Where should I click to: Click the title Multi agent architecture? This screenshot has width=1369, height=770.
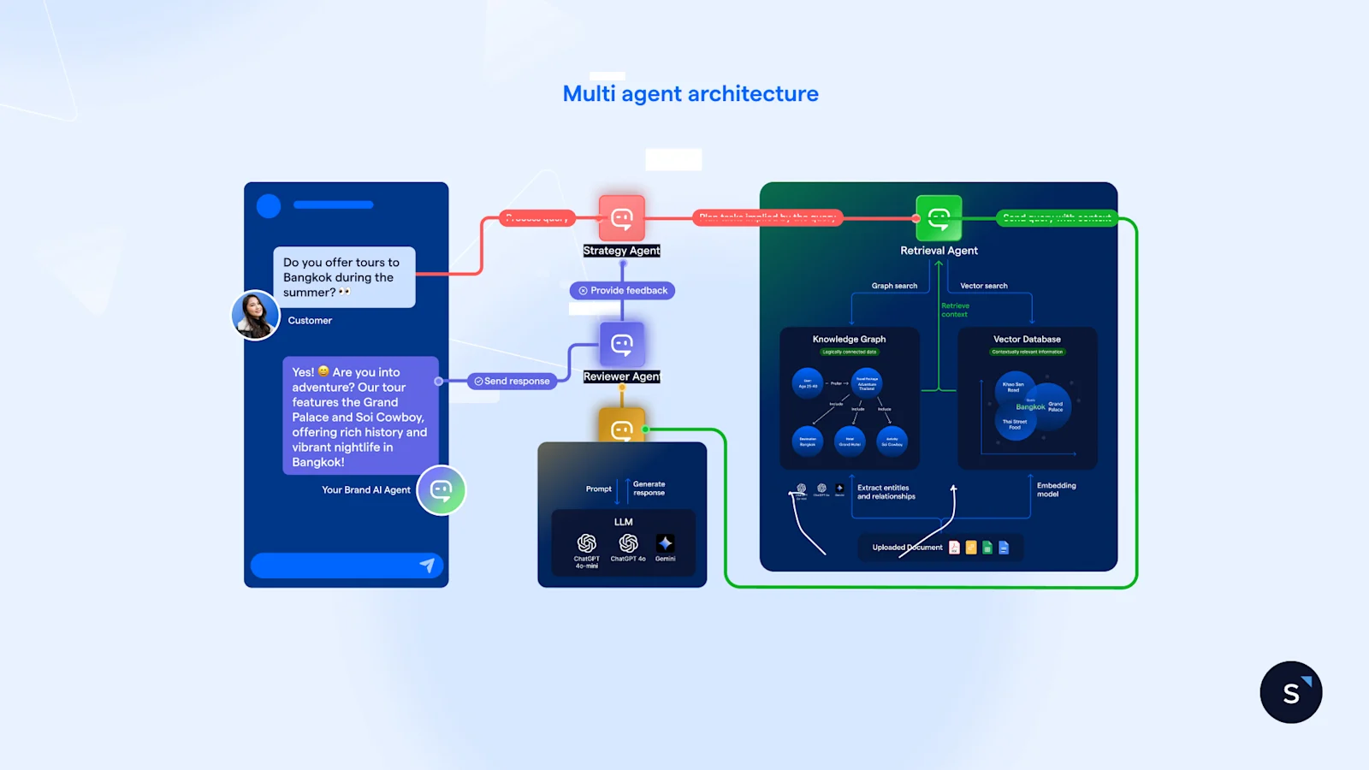click(x=690, y=93)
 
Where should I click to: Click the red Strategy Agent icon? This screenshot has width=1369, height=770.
click(x=622, y=218)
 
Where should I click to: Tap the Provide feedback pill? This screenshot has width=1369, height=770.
click(x=623, y=291)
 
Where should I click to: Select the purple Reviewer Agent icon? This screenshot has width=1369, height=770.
click(x=622, y=345)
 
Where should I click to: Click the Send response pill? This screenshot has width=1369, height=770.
click(x=513, y=382)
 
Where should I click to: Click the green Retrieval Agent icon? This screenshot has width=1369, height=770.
click(x=939, y=218)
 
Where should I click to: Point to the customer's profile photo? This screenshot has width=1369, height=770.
click(x=255, y=315)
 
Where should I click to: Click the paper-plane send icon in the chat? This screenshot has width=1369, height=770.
click(x=427, y=565)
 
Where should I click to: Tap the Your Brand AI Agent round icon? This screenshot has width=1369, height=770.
click(x=442, y=490)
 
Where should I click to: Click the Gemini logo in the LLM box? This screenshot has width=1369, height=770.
click(x=665, y=543)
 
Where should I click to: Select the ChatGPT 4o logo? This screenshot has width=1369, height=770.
click(x=628, y=543)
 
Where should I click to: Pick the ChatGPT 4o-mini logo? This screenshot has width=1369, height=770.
click(x=587, y=543)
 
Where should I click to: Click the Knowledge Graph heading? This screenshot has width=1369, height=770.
click(x=849, y=340)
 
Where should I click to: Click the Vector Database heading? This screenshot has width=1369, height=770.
click(x=1027, y=340)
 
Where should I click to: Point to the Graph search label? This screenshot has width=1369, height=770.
click(x=894, y=286)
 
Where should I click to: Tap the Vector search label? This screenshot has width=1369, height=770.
click(x=984, y=286)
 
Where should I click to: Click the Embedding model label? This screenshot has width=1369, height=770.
click(x=1057, y=489)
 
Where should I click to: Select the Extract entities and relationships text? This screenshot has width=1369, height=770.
click(x=886, y=492)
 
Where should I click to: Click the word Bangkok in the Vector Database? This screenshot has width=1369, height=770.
click(x=1030, y=407)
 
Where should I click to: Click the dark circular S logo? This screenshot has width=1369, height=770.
click(x=1290, y=692)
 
